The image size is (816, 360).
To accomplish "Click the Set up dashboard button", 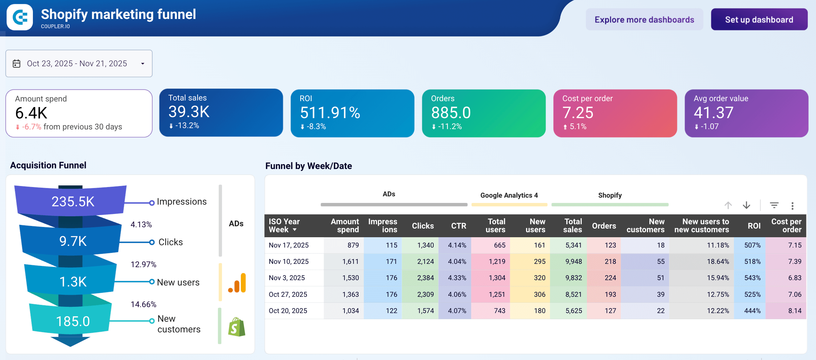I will point(759,20).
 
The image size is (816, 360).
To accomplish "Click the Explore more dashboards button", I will point(644,20).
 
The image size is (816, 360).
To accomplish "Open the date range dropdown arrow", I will point(143,64).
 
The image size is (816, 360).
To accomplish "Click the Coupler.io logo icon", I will point(20,17).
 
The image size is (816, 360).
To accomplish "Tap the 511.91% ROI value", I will point(330,113).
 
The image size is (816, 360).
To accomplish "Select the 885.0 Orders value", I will point(451,113).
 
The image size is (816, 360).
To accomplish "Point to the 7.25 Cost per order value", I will point(578,113).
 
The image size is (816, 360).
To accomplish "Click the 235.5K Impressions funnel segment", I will point(72,201).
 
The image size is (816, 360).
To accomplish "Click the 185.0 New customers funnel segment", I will point(72,321).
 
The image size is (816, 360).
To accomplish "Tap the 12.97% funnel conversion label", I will point(143,265).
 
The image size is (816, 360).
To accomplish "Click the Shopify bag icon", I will point(236,327).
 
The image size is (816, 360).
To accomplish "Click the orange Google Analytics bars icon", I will point(237,283).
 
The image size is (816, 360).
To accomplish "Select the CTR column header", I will point(458,226).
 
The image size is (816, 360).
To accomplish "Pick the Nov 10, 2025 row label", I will point(289,262).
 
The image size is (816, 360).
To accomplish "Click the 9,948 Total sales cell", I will point(573,262).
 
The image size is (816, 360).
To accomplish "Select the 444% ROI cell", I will point(752,311).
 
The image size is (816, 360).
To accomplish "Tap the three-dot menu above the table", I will point(792,206).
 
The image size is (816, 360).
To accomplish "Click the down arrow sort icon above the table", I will point(747,205).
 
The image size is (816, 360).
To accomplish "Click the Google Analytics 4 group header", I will point(509,195).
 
